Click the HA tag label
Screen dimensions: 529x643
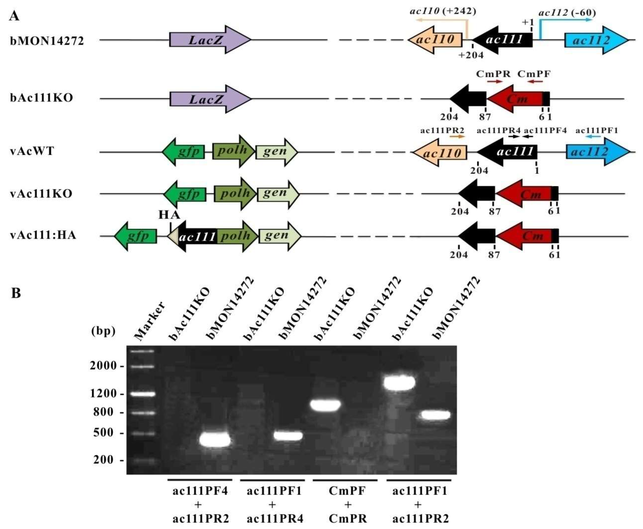pyautogui.click(x=169, y=215)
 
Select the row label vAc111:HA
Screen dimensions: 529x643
pyautogui.click(x=43, y=236)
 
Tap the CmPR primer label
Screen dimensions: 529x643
pyautogui.click(x=493, y=74)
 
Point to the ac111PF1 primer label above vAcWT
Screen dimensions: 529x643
pyautogui.click(x=596, y=131)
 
